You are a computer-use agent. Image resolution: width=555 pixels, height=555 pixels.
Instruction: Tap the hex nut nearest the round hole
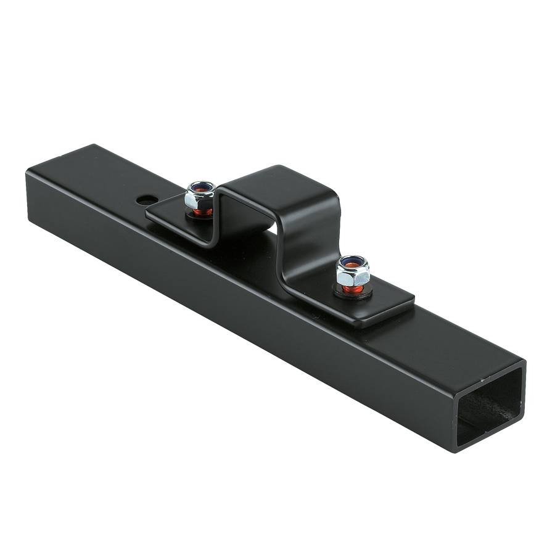(200, 196)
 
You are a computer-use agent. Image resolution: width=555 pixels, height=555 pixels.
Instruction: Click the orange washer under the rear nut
(201, 212)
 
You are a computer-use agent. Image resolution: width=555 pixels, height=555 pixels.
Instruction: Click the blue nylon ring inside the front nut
(353, 263)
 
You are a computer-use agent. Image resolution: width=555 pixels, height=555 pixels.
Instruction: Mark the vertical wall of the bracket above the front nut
(308, 247)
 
